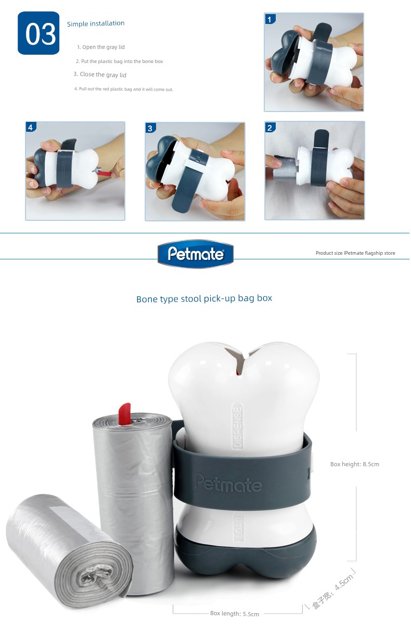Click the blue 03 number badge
[38, 33]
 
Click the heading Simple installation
[96, 23]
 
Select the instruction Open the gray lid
[101, 47]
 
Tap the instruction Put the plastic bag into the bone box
[119, 61]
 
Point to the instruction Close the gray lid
[100, 74]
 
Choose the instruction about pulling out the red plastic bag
[124, 89]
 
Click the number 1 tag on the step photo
[270, 19]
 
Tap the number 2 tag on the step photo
[270, 128]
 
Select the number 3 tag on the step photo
[150, 129]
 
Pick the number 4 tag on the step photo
[31, 127]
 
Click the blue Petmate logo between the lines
[196, 254]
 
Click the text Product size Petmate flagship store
[355, 253]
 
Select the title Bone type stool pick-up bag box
[204, 298]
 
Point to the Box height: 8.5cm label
[354, 464]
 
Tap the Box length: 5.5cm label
[234, 614]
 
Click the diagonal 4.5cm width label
[332, 591]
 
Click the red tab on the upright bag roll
[124, 414]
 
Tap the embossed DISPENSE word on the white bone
[238, 428]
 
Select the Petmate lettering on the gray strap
[228, 482]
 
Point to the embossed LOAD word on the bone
[239, 528]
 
